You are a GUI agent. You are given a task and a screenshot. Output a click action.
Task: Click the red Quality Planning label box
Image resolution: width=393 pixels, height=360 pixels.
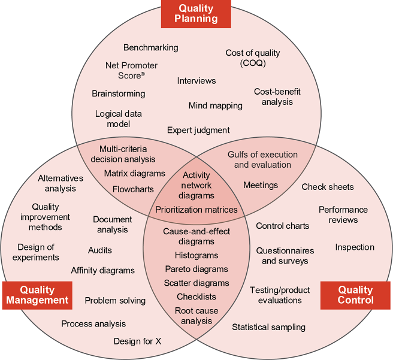click(x=196, y=13)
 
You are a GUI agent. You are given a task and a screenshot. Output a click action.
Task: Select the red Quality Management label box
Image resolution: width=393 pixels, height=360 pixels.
click(x=37, y=294)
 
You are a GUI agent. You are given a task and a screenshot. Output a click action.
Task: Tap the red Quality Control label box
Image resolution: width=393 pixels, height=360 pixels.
click(x=355, y=294)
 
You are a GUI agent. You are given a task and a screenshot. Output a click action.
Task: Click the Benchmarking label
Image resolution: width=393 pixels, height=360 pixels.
click(x=151, y=47)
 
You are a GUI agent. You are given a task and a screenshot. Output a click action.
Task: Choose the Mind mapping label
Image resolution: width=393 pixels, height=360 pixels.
click(x=216, y=105)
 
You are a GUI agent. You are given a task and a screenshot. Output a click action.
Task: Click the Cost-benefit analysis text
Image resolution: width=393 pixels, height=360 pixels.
click(x=277, y=97)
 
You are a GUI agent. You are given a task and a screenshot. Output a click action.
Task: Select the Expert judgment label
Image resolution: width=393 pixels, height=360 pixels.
click(x=198, y=130)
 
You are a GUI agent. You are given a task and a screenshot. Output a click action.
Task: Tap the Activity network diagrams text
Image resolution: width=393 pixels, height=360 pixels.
click(x=196, y=185)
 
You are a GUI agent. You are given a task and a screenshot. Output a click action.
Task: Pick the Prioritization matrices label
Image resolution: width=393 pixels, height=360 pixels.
click(x=196, y=210)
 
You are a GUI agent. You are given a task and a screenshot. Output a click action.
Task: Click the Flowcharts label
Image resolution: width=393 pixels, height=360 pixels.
click(x=134, y=189)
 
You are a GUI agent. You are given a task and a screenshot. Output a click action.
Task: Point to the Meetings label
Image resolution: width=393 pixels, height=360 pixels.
click(x=261, y=185)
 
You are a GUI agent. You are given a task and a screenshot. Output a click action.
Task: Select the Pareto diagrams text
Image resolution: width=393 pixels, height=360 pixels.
click(x=196, y=269)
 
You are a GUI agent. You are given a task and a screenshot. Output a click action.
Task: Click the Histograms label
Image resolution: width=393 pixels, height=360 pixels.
click(x=196, y=256)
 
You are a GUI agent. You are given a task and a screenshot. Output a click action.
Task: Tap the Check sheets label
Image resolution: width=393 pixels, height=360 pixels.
click(x=328, y=187)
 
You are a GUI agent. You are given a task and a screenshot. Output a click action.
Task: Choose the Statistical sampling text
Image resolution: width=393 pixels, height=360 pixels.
click(x=269, y=327)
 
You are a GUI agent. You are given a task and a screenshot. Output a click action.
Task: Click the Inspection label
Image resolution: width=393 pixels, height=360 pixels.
click(x=355, y=247)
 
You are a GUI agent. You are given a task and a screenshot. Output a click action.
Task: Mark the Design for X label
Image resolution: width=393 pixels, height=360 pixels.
click(x=138, y=341)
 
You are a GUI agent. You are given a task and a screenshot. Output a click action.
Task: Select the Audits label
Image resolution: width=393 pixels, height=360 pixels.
click(x=100, y=250)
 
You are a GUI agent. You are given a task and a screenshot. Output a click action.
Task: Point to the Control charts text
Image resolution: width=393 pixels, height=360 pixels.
click(x=283, y=226)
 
